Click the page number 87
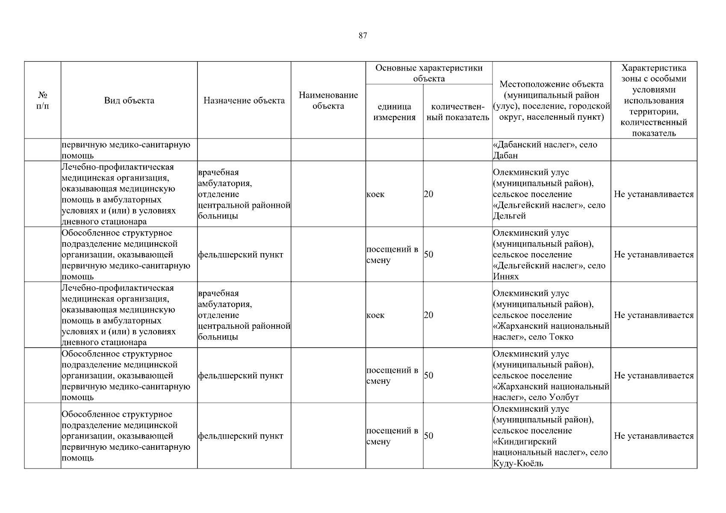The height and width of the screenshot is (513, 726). click(363, 36)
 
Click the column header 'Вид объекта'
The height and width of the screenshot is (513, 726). click(129, 100)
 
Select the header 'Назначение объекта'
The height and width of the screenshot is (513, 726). click(244, 100)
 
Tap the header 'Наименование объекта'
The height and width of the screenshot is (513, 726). click(328, 100)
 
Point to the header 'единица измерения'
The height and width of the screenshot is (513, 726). click(394, 112)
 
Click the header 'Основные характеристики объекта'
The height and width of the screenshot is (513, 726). click(429, 73)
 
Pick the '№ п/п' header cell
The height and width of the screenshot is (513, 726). click(43, 100)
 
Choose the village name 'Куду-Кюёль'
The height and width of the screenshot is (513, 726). click(518, 463)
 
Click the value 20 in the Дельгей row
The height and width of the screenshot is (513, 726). click(428, 194)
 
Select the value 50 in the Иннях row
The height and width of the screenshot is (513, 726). click(428, 255)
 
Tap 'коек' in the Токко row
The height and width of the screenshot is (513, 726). click(375, 315)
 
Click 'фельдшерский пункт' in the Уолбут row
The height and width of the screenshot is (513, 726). click(240, 376)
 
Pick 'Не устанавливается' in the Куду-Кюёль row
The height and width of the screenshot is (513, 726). click(654, 436)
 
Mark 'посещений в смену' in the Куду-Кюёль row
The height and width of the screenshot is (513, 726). click(392, 436)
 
